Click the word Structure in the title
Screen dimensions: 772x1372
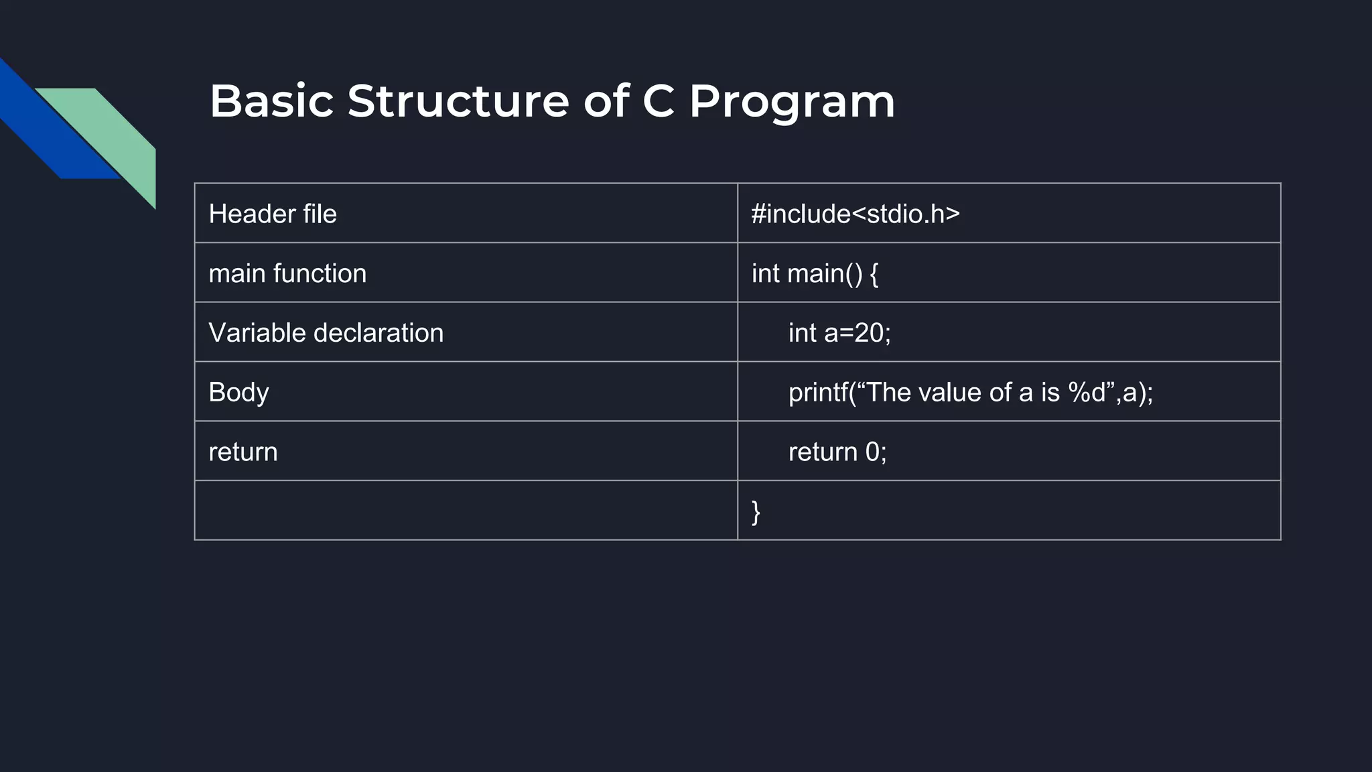pos(458,101)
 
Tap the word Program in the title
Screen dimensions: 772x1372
pos(792,103)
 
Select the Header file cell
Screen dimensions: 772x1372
pos(273,214)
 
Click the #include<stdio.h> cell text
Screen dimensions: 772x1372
pos(855,214)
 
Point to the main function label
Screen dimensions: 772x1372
pos(287,273)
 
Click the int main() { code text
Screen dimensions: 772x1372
pos(815,273)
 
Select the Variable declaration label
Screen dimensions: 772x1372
pos(326,333)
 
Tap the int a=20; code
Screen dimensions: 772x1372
pos(839,333)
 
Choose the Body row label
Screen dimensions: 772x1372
pos(238,393)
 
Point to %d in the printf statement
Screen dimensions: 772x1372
pos(1087,393)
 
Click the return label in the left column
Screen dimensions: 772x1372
pos(243,452)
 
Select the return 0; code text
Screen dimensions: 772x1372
pos(837,452)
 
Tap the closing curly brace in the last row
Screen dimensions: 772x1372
pos(756,512)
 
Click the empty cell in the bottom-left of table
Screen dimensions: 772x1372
pos(466,511)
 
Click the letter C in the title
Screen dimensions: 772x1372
pos(658,101)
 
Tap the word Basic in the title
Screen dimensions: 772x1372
pos(271,101)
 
